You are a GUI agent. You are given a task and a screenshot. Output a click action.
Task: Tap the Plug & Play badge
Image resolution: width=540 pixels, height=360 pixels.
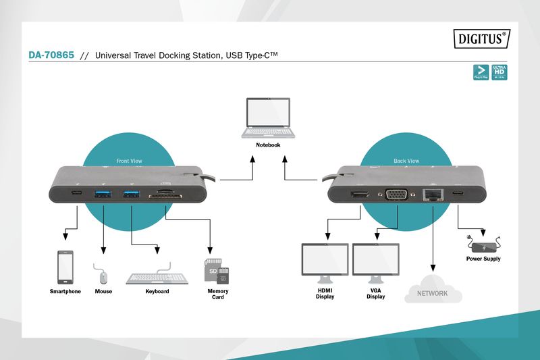(x=481, y=73)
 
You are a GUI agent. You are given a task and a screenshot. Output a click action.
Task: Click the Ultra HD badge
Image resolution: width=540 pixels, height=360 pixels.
(x=500, y=73)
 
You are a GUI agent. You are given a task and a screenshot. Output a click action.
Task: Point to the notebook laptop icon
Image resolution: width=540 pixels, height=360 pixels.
(x=268, y=119)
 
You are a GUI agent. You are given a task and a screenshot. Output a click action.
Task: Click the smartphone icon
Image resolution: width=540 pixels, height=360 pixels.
(x=65, y=267)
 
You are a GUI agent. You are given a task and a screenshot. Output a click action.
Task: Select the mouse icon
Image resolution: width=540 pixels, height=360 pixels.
(x=103, y=276)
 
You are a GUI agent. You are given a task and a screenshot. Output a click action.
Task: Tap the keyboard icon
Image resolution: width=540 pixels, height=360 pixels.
(x=157, y=277)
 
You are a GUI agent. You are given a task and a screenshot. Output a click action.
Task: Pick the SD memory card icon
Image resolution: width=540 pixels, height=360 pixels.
(x=217, y=272)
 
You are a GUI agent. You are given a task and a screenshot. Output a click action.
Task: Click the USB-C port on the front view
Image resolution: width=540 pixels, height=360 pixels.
(x=78, y=194)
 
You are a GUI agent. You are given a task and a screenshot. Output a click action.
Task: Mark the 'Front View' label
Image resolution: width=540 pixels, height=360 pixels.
(x=129, y=161)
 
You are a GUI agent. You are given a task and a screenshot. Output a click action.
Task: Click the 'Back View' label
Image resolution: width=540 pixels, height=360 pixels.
(x=406, y=161)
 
